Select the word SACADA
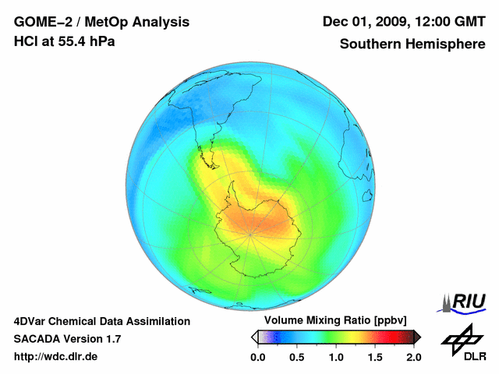38,339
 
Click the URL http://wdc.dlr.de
56,357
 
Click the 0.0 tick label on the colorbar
257,357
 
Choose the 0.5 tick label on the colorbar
296,357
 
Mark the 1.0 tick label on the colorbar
335,357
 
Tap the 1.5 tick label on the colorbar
374,357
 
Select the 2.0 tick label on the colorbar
413,357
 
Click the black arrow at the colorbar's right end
417,337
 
